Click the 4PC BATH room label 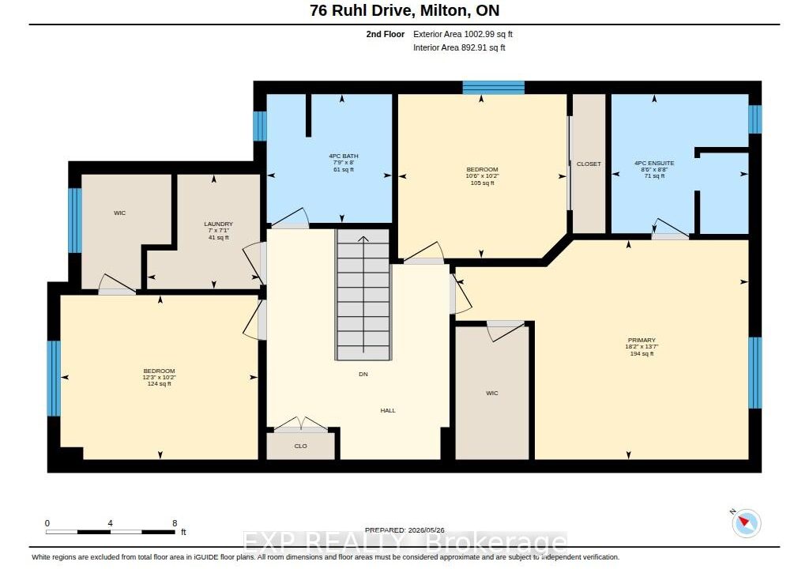pos(344,156)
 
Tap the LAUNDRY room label pos(218,224)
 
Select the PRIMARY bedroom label pos(642,341)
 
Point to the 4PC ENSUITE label pos(654,163)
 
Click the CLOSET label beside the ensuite pos(589,164)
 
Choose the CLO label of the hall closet pos(301,447)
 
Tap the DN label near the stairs pos(363,374)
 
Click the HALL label pos(388,410)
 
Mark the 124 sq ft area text pos(160,383)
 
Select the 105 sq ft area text pos(483,183)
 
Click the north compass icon pos(746,523)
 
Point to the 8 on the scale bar pos(175,523)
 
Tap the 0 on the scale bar pos(47,523)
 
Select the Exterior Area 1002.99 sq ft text pos(463,34)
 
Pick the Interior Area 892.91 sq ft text pos(459,47)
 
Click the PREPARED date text pos(404,530)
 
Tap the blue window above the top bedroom pos(493,87)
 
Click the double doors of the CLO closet pos(301,424)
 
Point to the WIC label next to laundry pos(120,213)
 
